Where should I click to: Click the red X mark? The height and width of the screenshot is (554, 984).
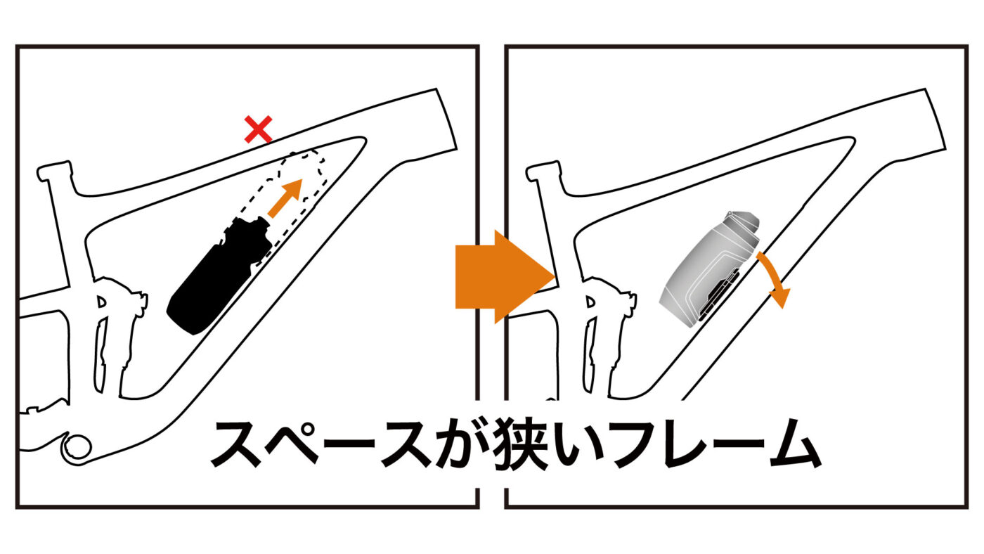coord(259,129)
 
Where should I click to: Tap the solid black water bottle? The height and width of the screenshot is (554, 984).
coord(219,275)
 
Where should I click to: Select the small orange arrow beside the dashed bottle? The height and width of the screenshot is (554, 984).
coord(285,198)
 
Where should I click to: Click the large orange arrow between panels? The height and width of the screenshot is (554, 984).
coord(505,277)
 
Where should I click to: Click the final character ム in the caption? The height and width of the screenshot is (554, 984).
coord(794,444)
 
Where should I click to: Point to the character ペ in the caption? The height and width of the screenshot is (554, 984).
coord(292,444)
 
